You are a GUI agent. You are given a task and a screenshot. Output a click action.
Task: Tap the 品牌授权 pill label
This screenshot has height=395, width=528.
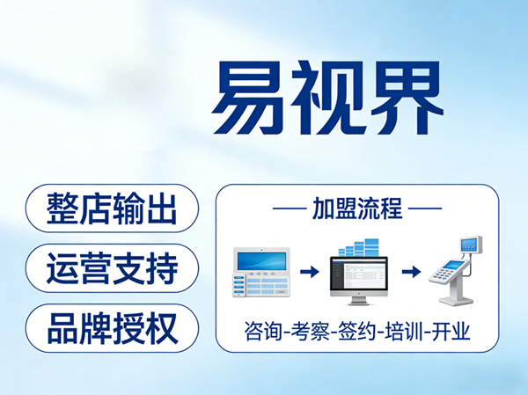(x=112, y=327)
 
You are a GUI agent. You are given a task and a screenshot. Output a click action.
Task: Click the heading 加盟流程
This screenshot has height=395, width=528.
(x=357, y=210)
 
